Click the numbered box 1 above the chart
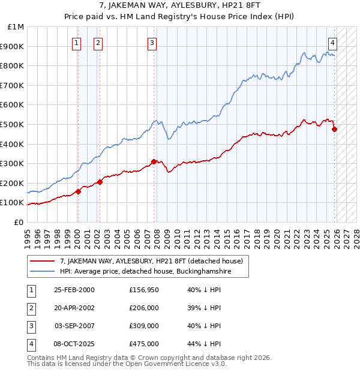pyautogui.click(x=77, y=43)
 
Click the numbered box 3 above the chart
pyautogui.click(x=152, y=43)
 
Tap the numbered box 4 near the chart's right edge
pyautogui.click(x=332, y=43)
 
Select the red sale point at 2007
pyautogui.click(x=154, y=161)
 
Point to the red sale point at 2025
pyautogui.click(x=334, y=129)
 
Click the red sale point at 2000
pyautogui.click(x=78, y=191)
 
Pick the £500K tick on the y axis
pyautogui.click(x=13, y=124)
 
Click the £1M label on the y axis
pyautogui.click(x=16, y=27)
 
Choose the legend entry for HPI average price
pyautogui.click(x=144, y=272)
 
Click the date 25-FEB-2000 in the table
pyautogui.click(x=74, y=290)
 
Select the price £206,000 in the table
pyautogui.click(x=143, y=308)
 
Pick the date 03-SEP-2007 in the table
pyautogui.click(x=74, y=326)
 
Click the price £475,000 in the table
pyautogui.click(x=143, y=344)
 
